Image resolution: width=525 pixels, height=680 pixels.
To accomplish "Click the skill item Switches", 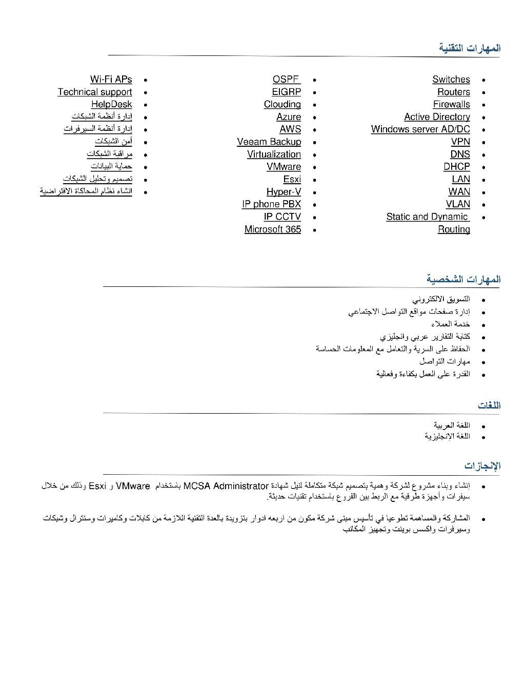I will coord(451,80).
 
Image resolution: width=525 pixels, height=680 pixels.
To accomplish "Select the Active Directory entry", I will coord(437,117).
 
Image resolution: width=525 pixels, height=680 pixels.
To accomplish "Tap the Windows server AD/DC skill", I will coord(420,129).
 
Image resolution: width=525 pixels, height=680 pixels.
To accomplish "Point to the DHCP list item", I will coord(456,167).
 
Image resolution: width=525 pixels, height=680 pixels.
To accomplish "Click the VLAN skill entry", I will coord(457,204).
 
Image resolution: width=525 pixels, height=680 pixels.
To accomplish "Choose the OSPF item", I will coord(286,80).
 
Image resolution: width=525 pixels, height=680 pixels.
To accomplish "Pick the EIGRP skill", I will coord(286,92).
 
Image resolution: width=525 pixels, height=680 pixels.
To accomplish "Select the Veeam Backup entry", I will coord(269,142).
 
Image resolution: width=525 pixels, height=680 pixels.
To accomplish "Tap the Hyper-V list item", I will coord(284,192).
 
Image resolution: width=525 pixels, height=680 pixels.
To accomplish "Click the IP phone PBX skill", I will coord(271,204).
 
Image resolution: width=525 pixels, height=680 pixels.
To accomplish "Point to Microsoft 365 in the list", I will coord(272,229).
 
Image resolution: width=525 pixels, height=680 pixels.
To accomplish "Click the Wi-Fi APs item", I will coord(111,80).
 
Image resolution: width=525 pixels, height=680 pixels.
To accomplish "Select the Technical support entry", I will coord(95,92).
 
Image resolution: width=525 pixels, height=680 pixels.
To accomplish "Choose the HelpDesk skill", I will coord(111,104).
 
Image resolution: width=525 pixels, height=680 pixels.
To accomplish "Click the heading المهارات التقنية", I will coord(469,48).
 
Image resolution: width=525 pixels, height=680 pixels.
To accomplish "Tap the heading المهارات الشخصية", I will coord(463,279).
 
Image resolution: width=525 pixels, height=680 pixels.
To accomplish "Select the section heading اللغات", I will coord(489,406).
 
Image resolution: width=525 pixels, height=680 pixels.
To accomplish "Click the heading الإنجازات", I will coord(482,466).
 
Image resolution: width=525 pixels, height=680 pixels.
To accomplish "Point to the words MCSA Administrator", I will coord(226,486).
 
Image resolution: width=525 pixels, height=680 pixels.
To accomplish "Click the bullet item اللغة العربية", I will coord(451,425).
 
